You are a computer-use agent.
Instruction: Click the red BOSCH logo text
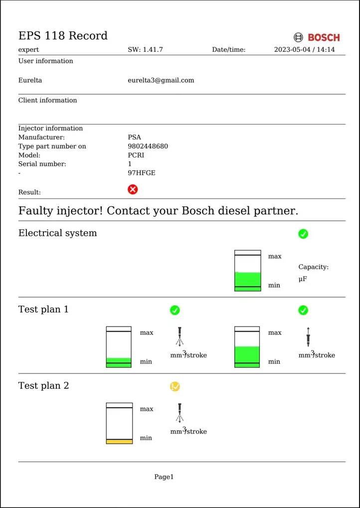point(324,37)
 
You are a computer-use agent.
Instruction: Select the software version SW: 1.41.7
point(145,49)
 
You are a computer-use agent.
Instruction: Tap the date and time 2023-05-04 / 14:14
point(304,49)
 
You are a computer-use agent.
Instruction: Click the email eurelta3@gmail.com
point(161,80)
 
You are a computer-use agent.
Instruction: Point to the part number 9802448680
point(148,146)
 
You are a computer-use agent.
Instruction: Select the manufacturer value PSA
point(135,137)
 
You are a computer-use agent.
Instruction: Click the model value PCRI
point(136,155)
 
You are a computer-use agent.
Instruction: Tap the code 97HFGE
point(142,173)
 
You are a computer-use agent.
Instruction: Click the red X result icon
point(133,189)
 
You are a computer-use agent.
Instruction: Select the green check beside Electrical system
point(303,234)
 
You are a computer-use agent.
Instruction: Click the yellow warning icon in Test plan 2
point(175,386)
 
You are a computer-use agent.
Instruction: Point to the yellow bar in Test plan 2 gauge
point(119,442)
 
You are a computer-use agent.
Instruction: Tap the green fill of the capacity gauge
point(247,281)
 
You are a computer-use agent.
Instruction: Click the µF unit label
point(303,279)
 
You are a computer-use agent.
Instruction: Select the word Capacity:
point(313,267)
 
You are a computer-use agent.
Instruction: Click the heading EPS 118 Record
point(63,35)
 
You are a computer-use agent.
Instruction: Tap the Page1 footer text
point(164,477)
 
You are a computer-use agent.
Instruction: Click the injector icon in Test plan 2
point(180,413)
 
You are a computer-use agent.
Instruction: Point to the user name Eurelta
point(30,80)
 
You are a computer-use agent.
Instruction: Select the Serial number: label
point(42,164)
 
